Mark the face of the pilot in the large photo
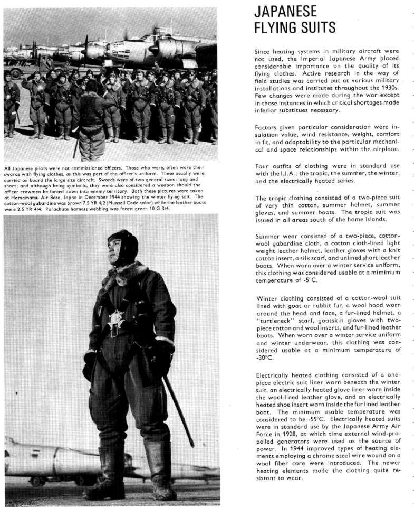(118, 253)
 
